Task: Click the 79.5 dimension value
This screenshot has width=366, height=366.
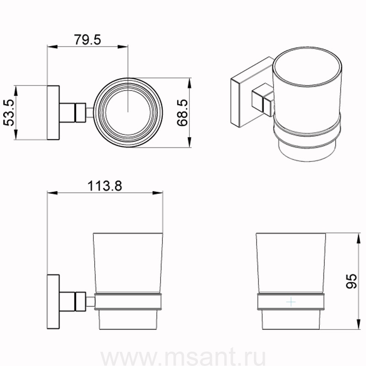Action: [87, 39]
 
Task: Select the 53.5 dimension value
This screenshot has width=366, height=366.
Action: [9, 113]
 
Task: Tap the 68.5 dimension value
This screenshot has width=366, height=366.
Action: [182, 113]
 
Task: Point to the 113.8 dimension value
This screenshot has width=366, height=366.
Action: [105, 186]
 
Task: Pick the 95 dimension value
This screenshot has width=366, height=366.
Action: [351, 281]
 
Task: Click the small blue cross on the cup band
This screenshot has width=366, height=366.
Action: [291, 302]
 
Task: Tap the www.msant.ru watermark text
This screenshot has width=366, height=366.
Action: [183, 357]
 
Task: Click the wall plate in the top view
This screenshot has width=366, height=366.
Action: [53, 113]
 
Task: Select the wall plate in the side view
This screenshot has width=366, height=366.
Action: [53, 301]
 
